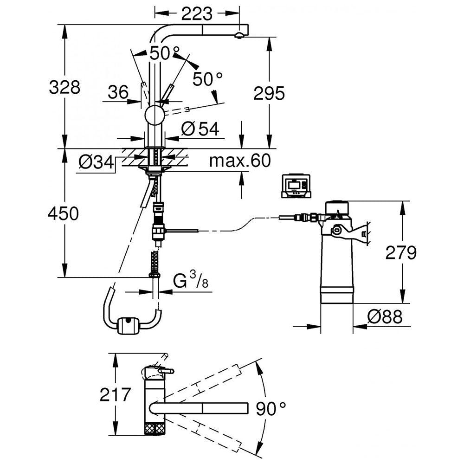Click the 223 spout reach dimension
click(197, 13)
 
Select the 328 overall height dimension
click(64, 87)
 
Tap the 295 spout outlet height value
click(269, 94)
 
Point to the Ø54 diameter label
click(200, 129)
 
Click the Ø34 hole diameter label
click(97, 162)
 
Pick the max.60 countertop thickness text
click(240, 161)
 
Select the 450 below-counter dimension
click(63, 213)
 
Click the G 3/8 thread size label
click(191, 281)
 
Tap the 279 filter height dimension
click(401, 253)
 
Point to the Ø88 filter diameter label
click(385, 316)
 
